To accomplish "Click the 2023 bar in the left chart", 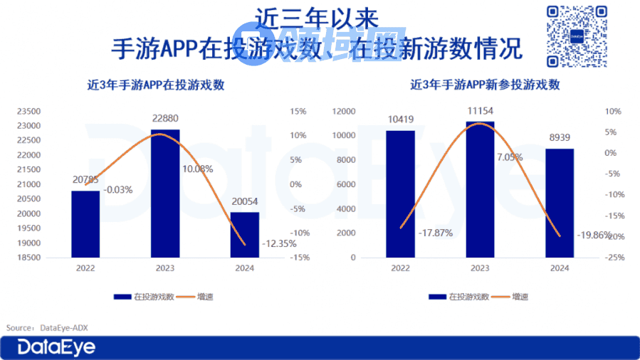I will (x=164, y=193).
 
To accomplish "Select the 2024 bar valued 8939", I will (x=560, y=203).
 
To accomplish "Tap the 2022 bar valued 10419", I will (x=400, y=194).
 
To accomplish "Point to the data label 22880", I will (x=164, y=118).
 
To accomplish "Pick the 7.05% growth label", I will (x=509, y=157).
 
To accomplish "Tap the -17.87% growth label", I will (x=435, y=233).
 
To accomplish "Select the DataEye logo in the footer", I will (x=56, y=348).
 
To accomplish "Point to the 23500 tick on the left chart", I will (x=29, y=112).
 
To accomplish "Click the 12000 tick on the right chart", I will (x=343, y=112).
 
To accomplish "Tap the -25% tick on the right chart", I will (x=614, y=258).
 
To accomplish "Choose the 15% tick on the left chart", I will (x=298, y=112).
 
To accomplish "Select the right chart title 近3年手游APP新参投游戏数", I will (x=485, y=85).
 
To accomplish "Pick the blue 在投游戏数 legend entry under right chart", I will (x=460, y=297).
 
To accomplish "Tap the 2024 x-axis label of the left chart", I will (x=243, y=268).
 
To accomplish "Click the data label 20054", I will (x=243, y=201).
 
